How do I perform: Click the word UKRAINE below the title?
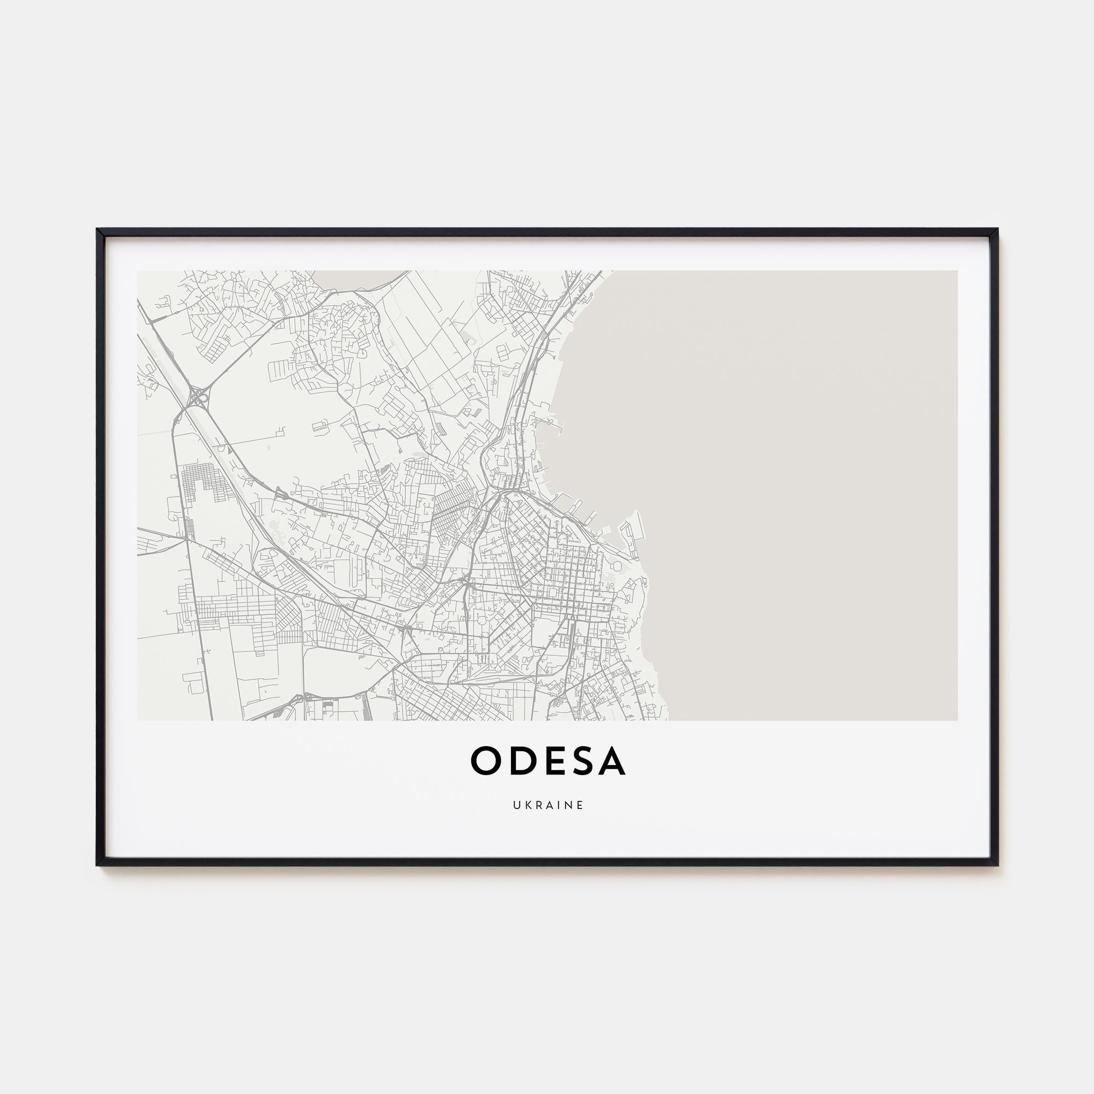tap(548, 805)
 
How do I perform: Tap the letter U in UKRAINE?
tap(517, 805)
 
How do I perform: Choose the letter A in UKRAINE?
tap(548, 805)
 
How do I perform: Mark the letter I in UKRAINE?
tap(557, 805)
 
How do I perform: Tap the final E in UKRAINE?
tap(579, 805)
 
